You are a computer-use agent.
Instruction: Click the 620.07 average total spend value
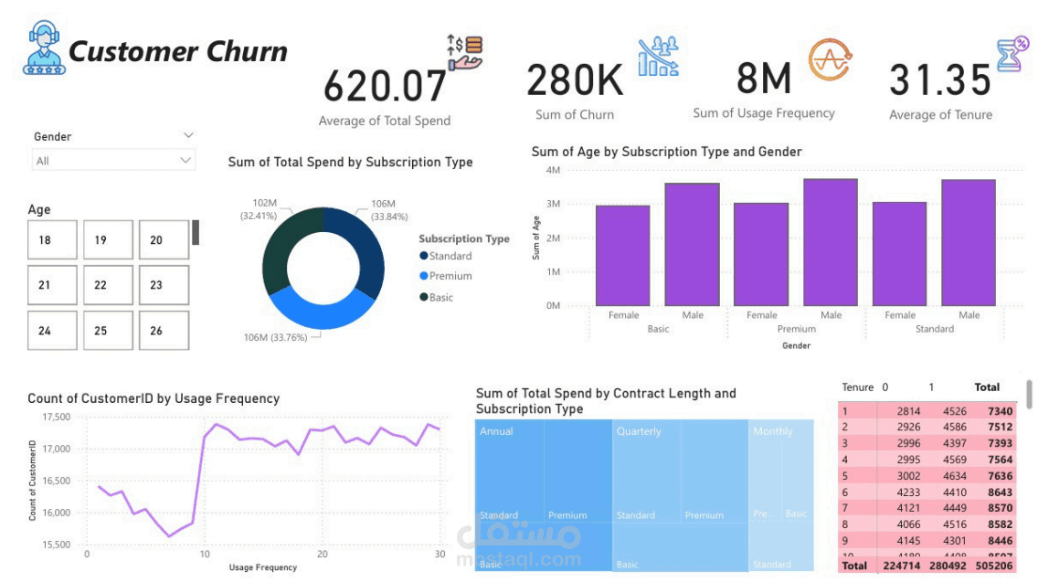385,86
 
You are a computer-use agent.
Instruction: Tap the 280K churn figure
575,80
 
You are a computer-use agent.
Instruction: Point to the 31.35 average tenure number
940,80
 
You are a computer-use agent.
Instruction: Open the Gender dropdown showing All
113,161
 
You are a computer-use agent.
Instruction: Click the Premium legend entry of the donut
450,276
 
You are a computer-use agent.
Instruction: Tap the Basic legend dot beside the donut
423,297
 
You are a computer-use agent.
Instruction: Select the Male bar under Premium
831,242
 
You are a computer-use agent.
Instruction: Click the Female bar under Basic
623,256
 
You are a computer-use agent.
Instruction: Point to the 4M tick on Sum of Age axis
553,170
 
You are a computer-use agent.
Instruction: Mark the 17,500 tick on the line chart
57,417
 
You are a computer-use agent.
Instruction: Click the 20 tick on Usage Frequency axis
322,555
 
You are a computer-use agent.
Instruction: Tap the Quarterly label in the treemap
639,431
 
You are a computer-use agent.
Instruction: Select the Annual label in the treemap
496,431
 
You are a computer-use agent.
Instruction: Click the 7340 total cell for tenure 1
1001,412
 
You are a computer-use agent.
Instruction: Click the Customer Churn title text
178,52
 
